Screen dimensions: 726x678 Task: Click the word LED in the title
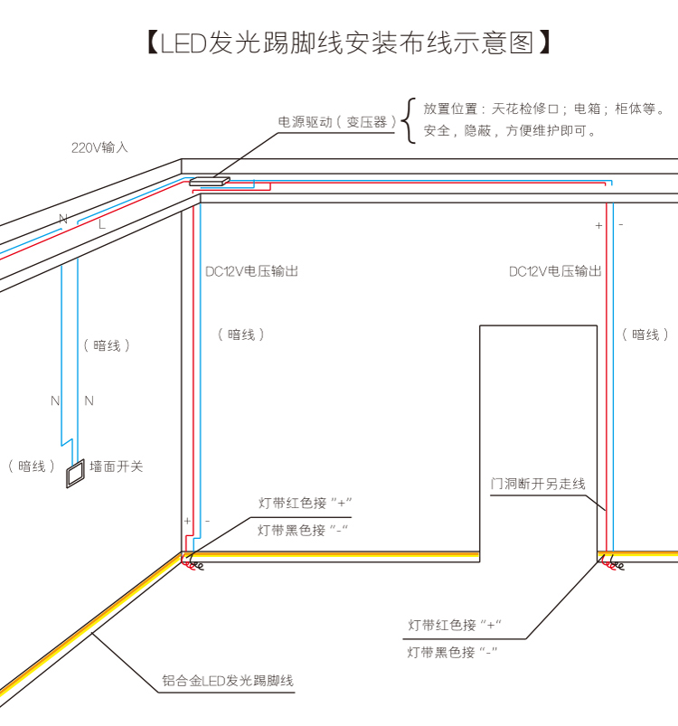click(x=184, y=42)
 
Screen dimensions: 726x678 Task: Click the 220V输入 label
click(x=100, y=146)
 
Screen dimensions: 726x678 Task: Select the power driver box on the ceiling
click(x=209, y=181)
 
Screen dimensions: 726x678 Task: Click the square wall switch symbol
click(x=74, y=473)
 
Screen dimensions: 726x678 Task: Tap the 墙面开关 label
click(x=117, y=467)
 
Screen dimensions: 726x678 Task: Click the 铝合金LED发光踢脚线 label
click(x=229, y=681)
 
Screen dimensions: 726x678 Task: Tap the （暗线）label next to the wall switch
click(x=32, y=467)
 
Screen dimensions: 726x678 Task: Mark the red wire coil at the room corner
click(x=193, y=565)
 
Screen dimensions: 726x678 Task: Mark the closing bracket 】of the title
click(x=544, y=42)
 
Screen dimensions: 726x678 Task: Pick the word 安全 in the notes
click(x=437, y=131)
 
